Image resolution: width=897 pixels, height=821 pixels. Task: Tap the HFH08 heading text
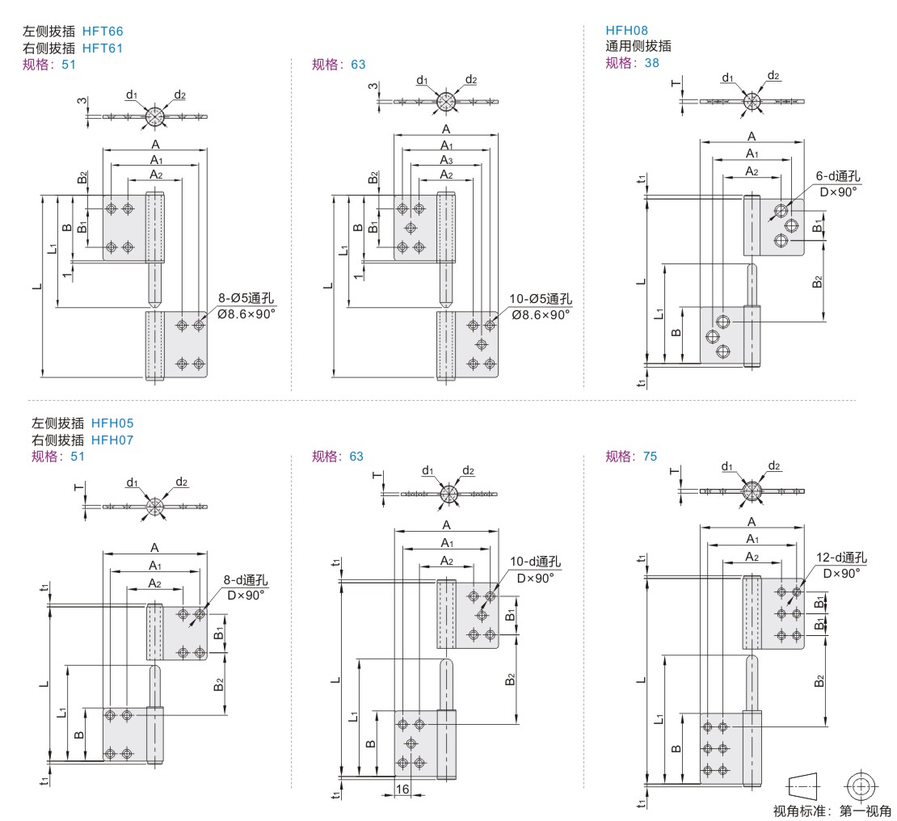(627, 30)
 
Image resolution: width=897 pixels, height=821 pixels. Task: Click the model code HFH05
(112, 423)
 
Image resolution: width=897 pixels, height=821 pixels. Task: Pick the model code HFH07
(112, 440)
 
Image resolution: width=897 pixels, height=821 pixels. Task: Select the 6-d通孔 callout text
(836, 176)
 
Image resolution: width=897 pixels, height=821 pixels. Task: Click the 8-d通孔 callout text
(246, 580)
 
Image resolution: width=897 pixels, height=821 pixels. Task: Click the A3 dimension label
(445, 160)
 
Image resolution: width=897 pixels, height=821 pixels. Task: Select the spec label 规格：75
(631, 457)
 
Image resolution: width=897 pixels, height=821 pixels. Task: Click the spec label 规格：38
(631, 63)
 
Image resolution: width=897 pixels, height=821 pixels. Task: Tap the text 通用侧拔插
(638, 46)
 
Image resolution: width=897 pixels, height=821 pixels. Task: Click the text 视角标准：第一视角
(832, 811)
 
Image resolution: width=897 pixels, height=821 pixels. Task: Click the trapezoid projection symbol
(802, 785)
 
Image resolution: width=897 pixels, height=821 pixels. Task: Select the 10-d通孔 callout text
(535, 562)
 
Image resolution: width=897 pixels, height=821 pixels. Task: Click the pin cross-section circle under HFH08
(752, 100)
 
